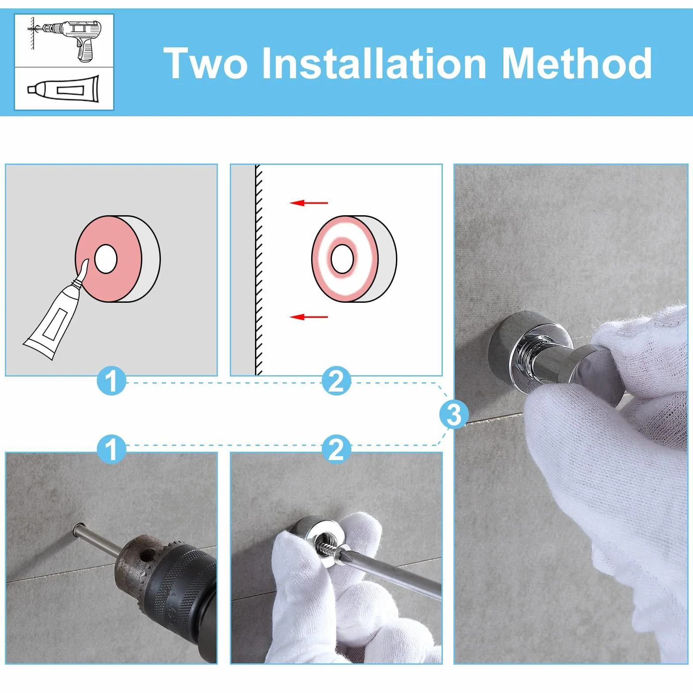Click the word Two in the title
coord(206,63)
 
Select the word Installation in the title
coord(374,63)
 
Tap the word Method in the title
coord(576,63)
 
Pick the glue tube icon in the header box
coord(64,89)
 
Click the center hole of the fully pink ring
coord(105,259)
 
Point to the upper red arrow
coord(308,203)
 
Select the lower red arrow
coord(308,317)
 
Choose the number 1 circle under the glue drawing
coord(111,381)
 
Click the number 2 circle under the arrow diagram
coord(336,381)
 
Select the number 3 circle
coord(453,414)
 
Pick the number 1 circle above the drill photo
coord(111,449)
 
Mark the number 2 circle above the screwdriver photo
coord(336,449)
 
